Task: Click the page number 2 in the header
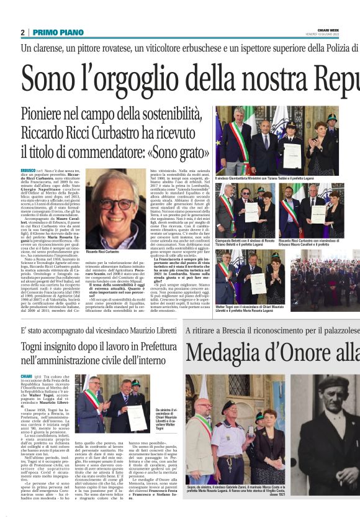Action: (23, 32)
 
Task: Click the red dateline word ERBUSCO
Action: (28, 170)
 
